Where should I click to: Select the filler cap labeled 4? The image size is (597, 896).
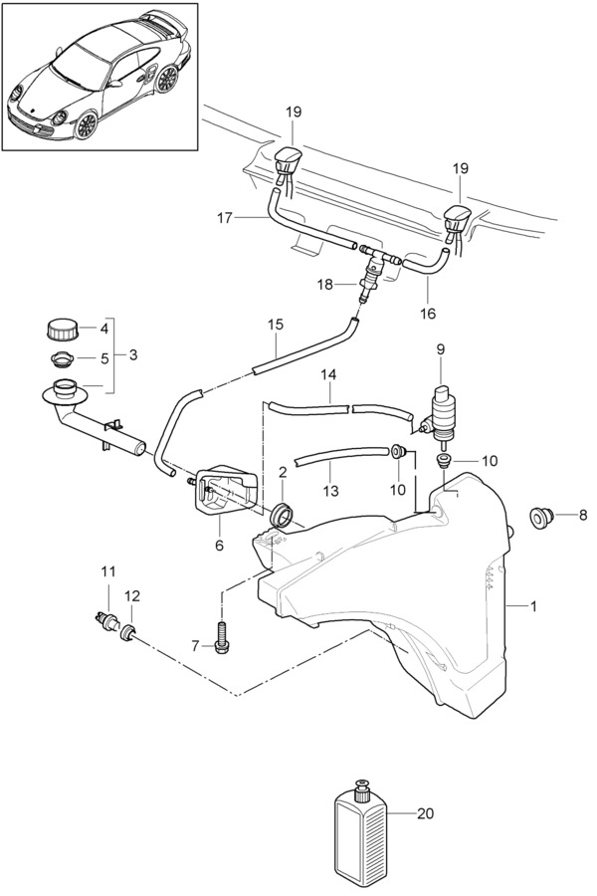pos(61,329)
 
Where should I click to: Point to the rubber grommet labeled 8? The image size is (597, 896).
pos(540,517)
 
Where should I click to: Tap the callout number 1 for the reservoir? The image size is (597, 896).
pos(533,606)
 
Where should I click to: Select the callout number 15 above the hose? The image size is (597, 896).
pos(276,326)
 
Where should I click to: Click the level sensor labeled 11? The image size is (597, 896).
pos(105,619)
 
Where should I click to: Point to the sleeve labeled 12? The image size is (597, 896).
pos(128,632)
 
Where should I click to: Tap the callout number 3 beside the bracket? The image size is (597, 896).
pos(133,354)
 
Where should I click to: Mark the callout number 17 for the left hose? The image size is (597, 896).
pos(225,218)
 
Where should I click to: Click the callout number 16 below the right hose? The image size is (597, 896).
pos(427,314)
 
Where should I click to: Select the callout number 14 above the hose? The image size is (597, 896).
pos(328,375)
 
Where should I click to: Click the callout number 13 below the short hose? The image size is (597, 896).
pos(330,490)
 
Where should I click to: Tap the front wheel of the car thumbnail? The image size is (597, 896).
pos(86,125)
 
